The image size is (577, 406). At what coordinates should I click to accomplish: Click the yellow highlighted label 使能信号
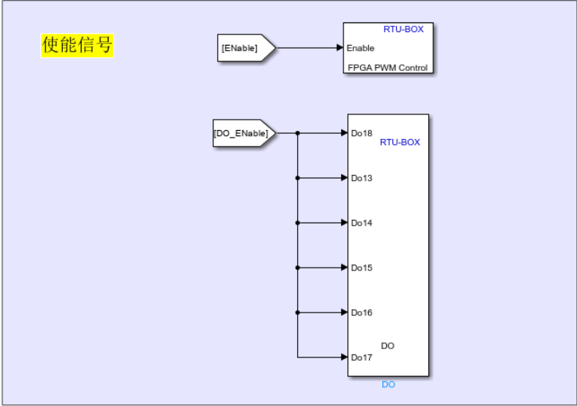coord(77,46)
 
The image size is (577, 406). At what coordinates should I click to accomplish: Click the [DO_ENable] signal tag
coord(241,134)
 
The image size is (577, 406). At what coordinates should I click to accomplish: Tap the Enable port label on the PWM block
coord(360,48)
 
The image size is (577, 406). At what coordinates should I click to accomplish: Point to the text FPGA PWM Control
coord(388,68)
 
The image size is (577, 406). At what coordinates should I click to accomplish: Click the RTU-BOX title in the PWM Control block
coord(403,30)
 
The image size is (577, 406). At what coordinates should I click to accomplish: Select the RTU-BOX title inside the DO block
coord(400,141)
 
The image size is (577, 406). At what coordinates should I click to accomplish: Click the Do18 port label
coord(361,134)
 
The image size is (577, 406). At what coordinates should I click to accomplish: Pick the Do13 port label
coord(361,178)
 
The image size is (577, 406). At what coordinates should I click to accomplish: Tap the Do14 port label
coord(361,223)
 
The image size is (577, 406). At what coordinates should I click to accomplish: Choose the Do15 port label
coord(361,268)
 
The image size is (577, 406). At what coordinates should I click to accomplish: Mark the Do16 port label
coord(361,313)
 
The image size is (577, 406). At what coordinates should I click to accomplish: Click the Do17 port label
coord(361,357)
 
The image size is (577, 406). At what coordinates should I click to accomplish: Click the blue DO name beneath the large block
coord(388,384)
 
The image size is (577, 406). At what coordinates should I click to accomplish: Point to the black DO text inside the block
coord(388,345)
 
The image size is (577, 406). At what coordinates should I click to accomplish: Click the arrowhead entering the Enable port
coord(340,48)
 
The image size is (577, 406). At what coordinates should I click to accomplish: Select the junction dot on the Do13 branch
coord(298,178)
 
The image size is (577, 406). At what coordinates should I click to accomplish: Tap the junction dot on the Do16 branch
coord(298,313)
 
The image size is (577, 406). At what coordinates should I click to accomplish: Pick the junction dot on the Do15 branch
coord(298,268)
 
